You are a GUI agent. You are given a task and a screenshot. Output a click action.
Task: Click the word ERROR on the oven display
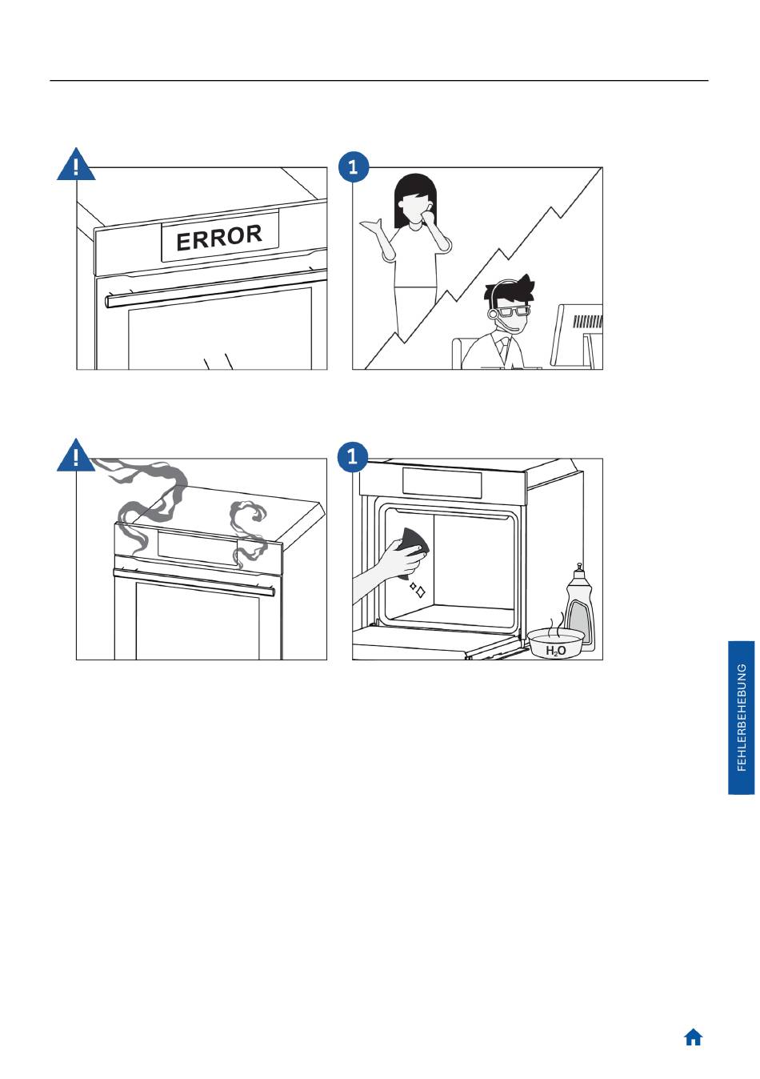[219, 238]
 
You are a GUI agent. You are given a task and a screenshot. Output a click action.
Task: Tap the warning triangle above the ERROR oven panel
[76, 165]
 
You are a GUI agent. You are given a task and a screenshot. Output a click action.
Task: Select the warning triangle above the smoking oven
[75, 455]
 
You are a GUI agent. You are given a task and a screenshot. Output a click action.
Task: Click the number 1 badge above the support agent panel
[354, 167]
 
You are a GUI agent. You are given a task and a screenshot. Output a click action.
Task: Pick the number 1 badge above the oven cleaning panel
[353, 456]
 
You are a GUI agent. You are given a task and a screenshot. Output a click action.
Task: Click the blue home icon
[693, 1037]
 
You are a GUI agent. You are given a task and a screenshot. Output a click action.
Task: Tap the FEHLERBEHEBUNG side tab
[742, 717]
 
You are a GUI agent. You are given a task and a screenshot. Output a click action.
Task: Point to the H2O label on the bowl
[556, 652]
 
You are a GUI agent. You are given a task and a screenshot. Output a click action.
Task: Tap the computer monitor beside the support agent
[578, 335]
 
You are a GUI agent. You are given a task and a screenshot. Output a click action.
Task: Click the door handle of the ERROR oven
[216, 290]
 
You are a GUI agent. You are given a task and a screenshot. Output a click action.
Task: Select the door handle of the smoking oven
[194, 581]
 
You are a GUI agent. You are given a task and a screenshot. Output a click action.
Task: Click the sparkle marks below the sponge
[418, 590]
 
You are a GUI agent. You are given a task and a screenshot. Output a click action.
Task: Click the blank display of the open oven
[442, 483]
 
